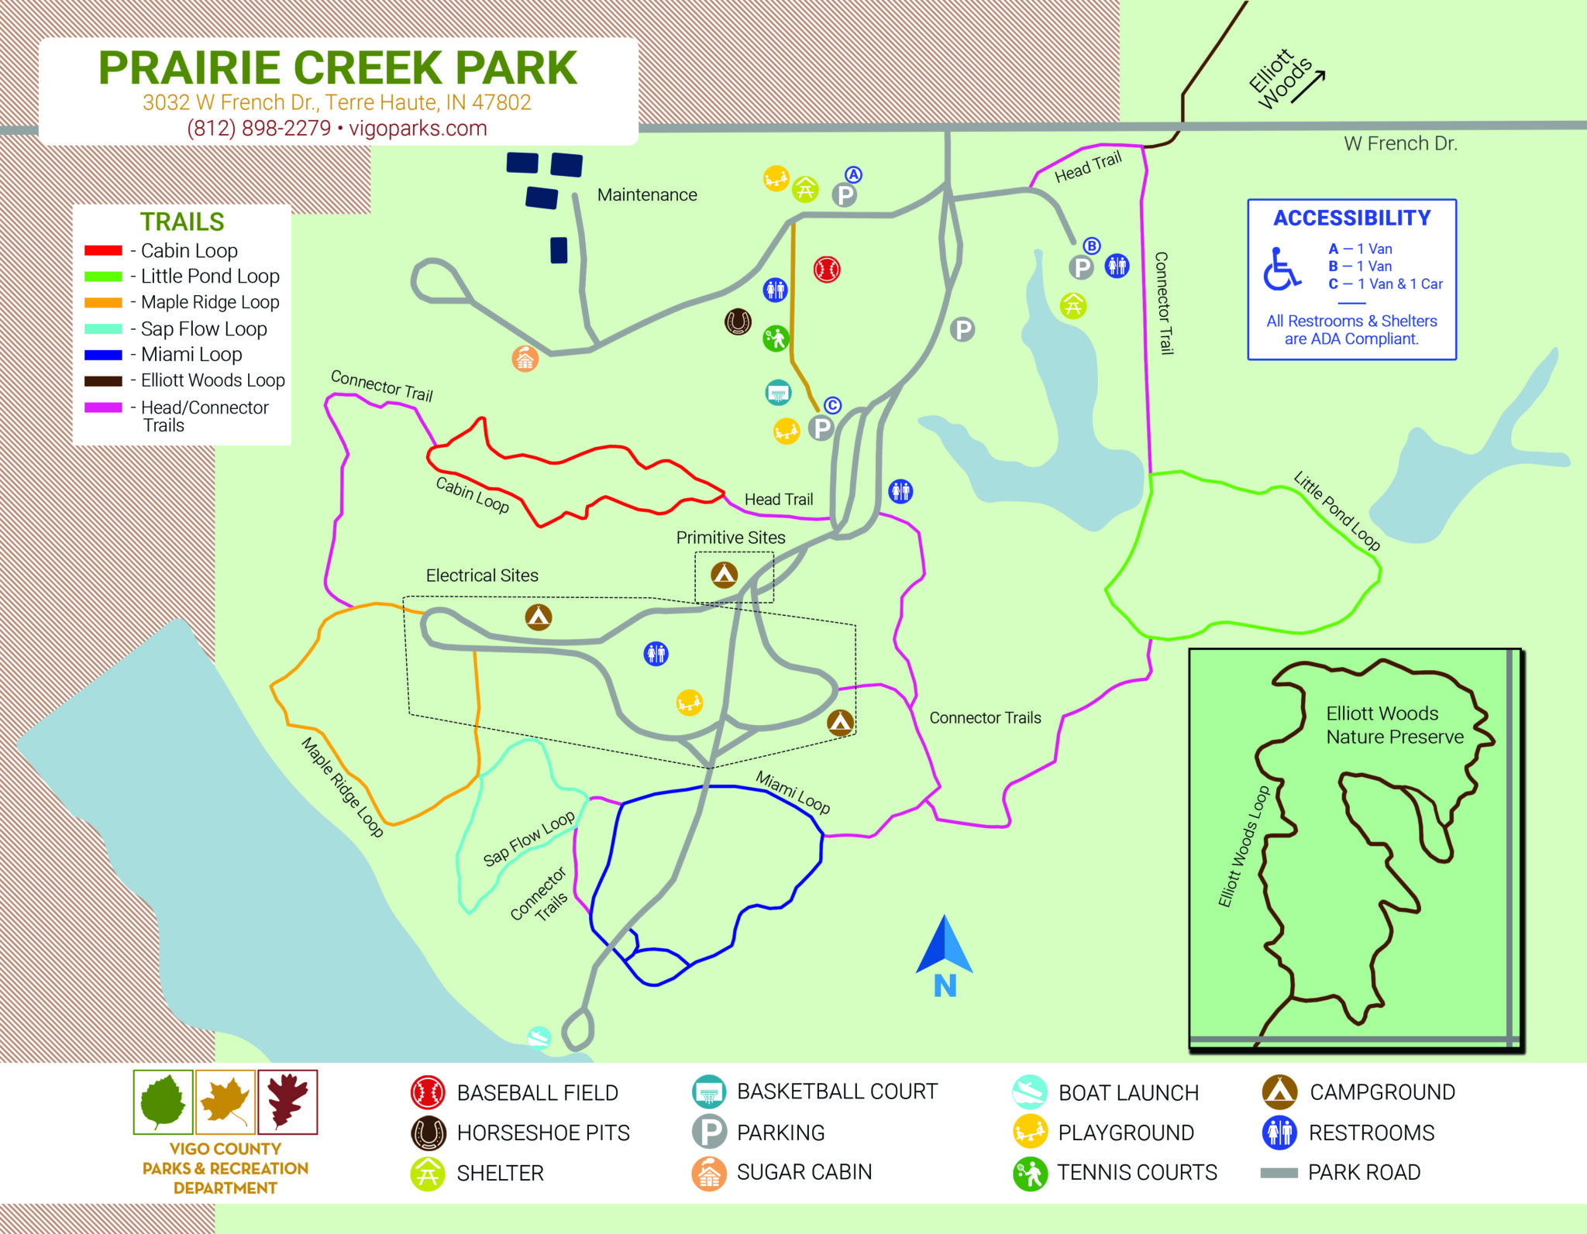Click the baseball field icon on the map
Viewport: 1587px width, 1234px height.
(827, 269)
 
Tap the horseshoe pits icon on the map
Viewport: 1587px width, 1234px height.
(738, 321)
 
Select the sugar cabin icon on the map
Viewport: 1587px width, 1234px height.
(525, 359)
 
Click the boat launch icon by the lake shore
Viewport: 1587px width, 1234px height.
(539, 1037)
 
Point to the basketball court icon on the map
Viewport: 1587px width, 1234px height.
(778, 393)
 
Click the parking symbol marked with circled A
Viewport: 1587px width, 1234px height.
(845, 194)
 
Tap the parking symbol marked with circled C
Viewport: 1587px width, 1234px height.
(821, 427)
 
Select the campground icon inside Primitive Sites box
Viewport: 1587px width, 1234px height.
(724, 574)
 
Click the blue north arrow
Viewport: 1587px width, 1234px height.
(945, 947)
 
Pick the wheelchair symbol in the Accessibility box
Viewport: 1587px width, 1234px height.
(1282, 269)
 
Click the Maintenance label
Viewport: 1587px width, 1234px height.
(647, 195)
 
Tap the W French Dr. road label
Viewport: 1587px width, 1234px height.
(1400, 144)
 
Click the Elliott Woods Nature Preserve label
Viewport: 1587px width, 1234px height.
(1394, 725)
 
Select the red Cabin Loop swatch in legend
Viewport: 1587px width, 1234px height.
(103, 251)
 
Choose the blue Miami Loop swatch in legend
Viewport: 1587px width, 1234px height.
(103, 355)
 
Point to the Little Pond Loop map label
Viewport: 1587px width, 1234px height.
(1337, 512)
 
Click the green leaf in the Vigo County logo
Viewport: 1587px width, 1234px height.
(163, 1102)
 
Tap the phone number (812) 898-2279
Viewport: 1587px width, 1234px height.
(259, 129)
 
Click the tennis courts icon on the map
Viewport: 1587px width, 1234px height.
(776, 339)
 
